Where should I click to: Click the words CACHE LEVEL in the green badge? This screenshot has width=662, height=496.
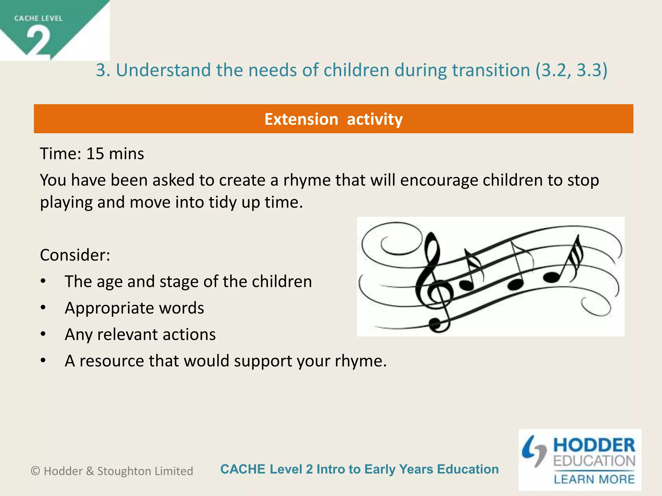pyautogui.click(x=38, y=18)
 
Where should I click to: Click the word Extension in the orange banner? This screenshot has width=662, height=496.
pyautogui.click(x=301, y=119)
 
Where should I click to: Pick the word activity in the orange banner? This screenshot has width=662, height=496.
pyautogui.click(x=375, y=119)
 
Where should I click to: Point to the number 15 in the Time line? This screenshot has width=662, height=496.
pyautogui.click(x=95, y=154)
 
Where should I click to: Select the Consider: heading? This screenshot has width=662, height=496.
pyautogui.click(x=75, y=255)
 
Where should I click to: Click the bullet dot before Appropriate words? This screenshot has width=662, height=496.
pyautogui.click(x=43, y=308)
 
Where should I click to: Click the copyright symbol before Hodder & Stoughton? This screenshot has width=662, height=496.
pyautogui.click(x=35, y=471)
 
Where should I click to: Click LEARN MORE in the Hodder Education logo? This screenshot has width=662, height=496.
pyautogui.click(x=594, y=479)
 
